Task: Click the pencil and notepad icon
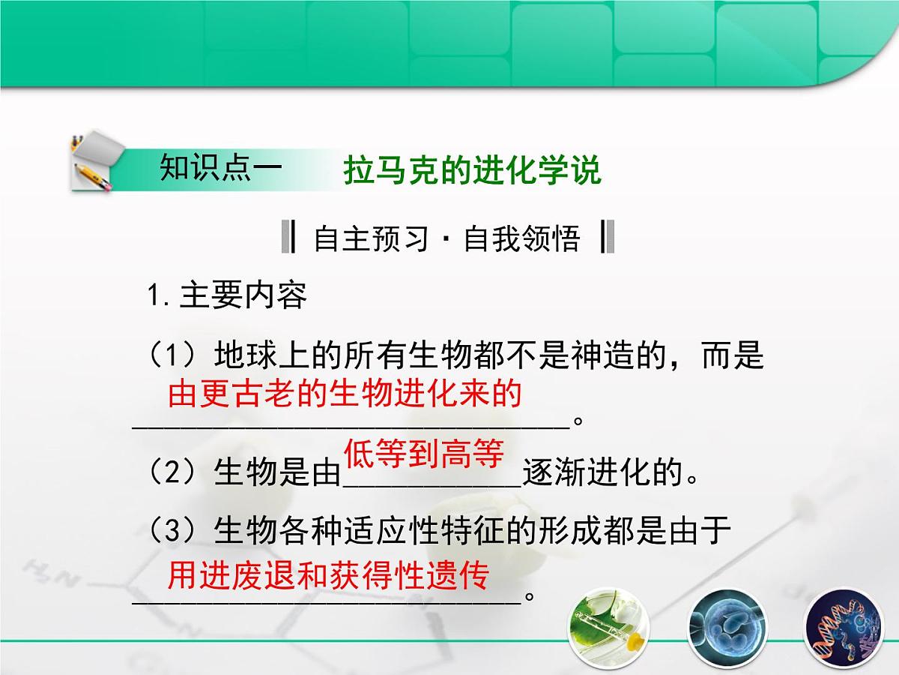click(x=92, y=162)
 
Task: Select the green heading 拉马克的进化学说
click(x=472, y=171)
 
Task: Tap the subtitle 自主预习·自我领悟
click(x=447, y=239)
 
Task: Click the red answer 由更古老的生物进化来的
click(x=344, y=394)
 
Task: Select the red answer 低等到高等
click(x=423, y=454)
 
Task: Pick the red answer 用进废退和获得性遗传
click(x=327, y=577)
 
